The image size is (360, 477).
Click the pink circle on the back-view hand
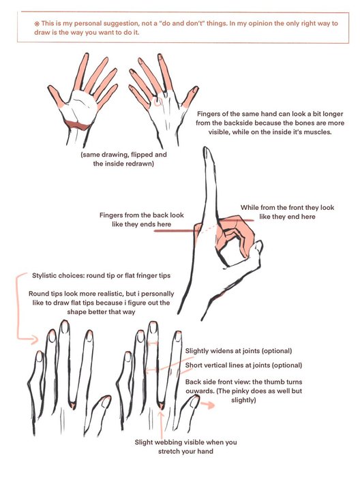157,102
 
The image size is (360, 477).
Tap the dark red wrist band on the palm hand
78,125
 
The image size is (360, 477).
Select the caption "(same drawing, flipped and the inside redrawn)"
123,159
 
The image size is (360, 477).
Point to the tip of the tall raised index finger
207,149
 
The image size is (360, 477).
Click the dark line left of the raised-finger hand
176,231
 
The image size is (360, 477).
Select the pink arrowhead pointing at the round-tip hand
34,339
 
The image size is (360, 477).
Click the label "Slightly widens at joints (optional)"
239,351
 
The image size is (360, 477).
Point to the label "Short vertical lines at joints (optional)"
244,365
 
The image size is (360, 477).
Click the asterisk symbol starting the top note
37,23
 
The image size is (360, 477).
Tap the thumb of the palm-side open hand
56,96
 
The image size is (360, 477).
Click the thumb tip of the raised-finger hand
258,244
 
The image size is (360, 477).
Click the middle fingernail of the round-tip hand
64,327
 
